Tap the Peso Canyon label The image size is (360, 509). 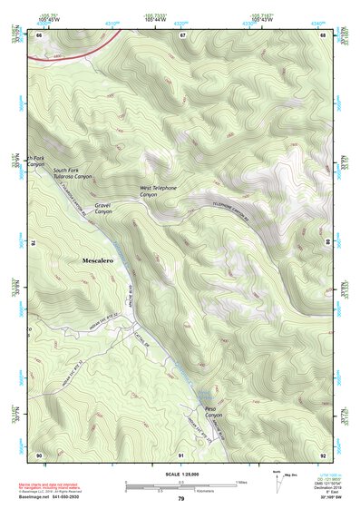pos(215,413)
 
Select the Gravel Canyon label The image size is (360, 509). pos(102,210)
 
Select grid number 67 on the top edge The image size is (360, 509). pos(181,35)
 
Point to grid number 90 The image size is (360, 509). pos(39,454)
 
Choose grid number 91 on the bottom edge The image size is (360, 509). pos(181,454)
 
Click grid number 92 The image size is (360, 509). pos(323,454)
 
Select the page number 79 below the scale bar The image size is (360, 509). pos(181,499)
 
